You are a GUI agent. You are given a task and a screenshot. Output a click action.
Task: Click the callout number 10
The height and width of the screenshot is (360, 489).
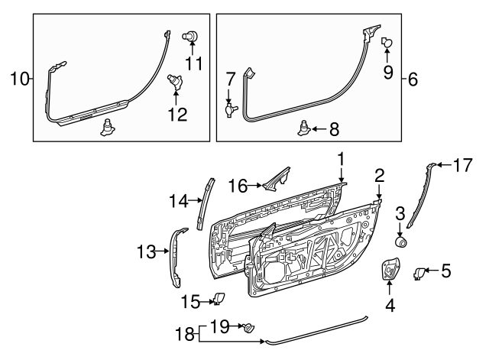[18, 76]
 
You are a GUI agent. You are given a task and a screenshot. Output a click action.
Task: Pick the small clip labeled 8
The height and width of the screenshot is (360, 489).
[304, 128]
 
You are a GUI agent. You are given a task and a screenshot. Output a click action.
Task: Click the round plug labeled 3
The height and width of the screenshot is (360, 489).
[399, 242]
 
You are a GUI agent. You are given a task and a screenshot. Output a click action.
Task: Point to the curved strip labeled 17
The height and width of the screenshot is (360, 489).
[419, 195]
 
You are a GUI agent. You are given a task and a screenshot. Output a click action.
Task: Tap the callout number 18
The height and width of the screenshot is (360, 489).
[184, 335]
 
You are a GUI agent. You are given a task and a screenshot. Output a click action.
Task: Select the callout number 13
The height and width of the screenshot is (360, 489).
[144, 250]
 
